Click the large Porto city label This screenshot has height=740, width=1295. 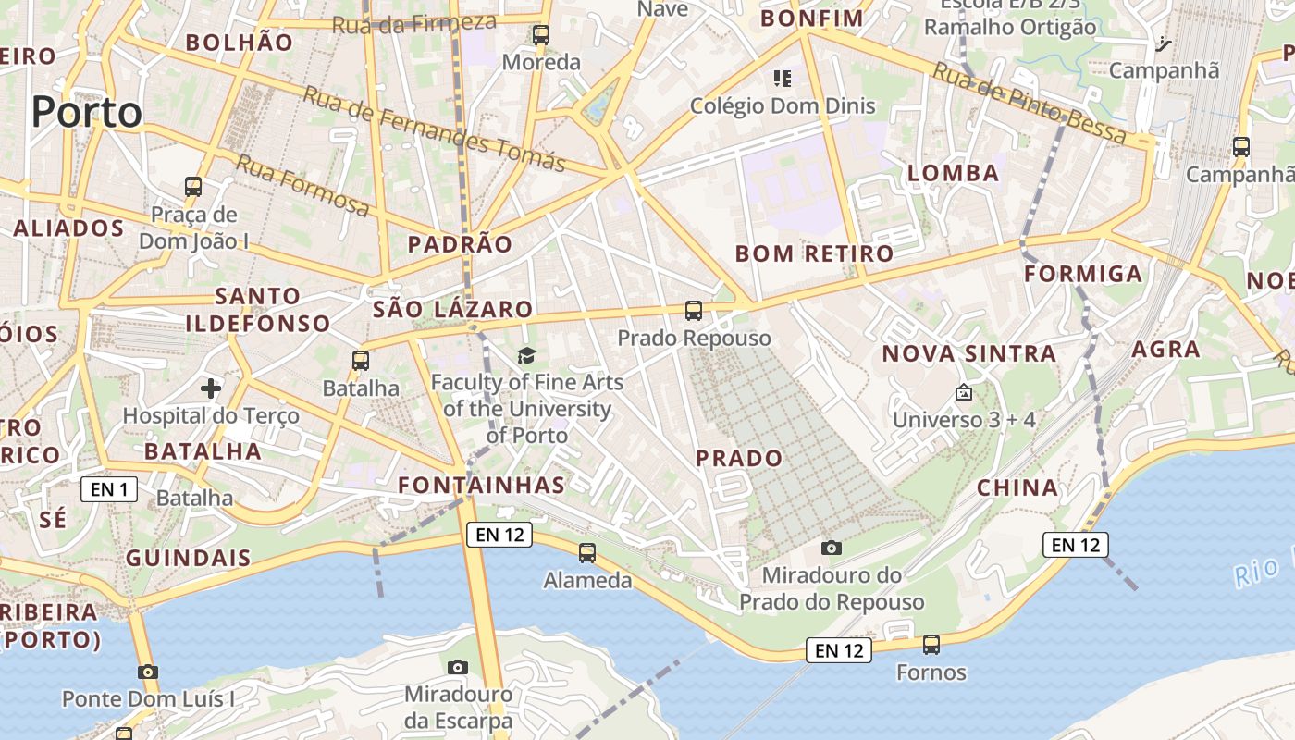(87, 112)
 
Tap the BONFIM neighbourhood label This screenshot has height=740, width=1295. (812, 18)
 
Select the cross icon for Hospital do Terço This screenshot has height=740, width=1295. (211, 388)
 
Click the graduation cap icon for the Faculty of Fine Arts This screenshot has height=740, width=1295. (526, 355)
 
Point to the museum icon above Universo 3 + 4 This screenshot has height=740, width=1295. (964, 392)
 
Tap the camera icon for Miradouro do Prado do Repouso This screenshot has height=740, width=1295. (832, 548)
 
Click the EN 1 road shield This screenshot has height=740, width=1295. (109, 489)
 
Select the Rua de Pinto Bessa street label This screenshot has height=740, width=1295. (1029, 103)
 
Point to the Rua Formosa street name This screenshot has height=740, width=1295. (302, 185)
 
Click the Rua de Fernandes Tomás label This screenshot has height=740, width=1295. (434, 129)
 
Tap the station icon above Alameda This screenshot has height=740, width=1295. (587, 553)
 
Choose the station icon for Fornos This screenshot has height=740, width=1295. (931, 644)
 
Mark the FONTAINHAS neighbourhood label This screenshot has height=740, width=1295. (481, 485)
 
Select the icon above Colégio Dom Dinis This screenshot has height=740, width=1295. (783, 79)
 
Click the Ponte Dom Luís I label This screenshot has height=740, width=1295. (148, 698)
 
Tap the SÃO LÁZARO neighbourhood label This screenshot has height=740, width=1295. (452, 310)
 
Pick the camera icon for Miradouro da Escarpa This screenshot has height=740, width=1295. (458, 667)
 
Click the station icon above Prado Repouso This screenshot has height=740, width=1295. (694, 311)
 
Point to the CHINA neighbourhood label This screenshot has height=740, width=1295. (1017, 487)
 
